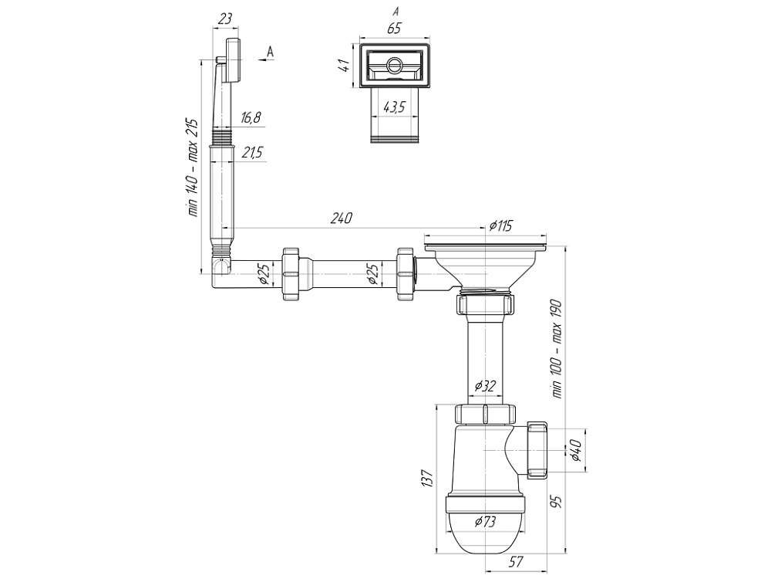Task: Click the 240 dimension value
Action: click(342, 218)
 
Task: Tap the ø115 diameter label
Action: click(501, 225)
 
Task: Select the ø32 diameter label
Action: click(485, 386)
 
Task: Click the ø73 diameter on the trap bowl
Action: click(485, 522)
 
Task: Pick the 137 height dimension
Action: click(427, 478)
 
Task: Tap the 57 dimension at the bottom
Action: click(515, 560)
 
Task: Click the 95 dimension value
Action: click(556, 502)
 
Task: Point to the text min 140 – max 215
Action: click(192, 168)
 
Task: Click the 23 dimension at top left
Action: click(224, 19)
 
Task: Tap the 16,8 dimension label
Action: click(251, 117)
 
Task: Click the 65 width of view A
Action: click(394, 29)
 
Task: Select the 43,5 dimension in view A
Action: click(393, 107)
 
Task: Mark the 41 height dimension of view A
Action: click(345, 66)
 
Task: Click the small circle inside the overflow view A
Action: click(394, 65)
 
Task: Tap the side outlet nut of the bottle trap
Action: click(537, 451)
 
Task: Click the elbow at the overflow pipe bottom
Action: click(221, 269)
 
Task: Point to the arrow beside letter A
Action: click(265, 59)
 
